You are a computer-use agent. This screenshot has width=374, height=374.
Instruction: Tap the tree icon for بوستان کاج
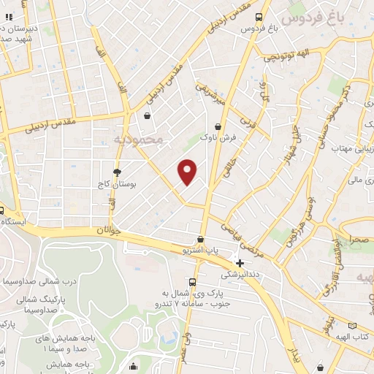pos(117,172)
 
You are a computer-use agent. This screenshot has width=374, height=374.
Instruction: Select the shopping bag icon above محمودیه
pos(148,115)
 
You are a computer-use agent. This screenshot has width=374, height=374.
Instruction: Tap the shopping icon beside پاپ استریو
pos(201,239)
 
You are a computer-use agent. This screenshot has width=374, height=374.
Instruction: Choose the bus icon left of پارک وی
pos(192,282)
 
